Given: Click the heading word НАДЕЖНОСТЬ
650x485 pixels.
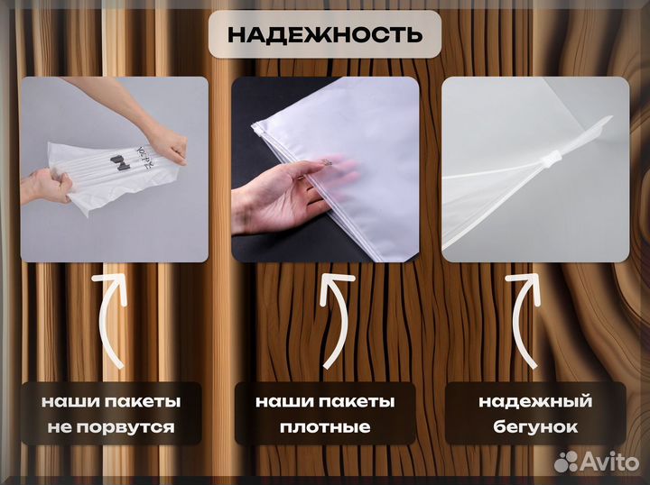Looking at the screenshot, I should (324, 35).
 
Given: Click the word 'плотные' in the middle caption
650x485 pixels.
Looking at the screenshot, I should (324, 427).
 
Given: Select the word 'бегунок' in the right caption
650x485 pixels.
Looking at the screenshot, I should (534, 427).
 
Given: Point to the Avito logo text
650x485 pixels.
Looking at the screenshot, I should (610, 462).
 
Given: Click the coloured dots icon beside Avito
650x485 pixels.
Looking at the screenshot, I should (566, 462).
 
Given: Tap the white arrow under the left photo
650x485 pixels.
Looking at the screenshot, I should (110, 320).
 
